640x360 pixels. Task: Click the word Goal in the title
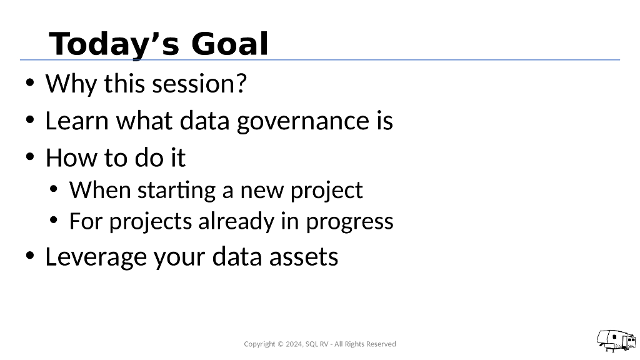point(229,44)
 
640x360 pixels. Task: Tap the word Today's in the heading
point(114,45)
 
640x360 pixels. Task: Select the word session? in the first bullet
point(199,84)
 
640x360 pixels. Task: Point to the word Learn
point(77,121)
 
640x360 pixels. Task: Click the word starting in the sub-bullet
point(176,191)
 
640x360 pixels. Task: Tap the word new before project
point(262,191)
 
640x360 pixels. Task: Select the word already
point(236,222)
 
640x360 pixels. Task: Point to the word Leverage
point(96,257)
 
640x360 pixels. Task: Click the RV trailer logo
point(616,341)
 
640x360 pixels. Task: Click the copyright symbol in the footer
point(281,344)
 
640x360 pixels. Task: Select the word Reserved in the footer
point(381,344)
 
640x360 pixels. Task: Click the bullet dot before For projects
point(54,221)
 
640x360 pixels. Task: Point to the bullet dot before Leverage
point(30,256)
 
